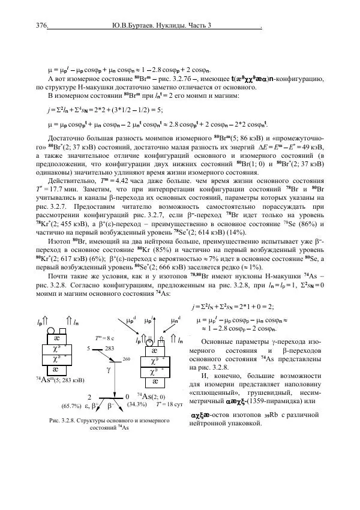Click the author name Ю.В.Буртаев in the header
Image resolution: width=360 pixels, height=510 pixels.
click(134, 26)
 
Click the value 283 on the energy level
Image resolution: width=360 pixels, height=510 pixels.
click(110, 347)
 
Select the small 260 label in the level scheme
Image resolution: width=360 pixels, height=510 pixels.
click(127, 359)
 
